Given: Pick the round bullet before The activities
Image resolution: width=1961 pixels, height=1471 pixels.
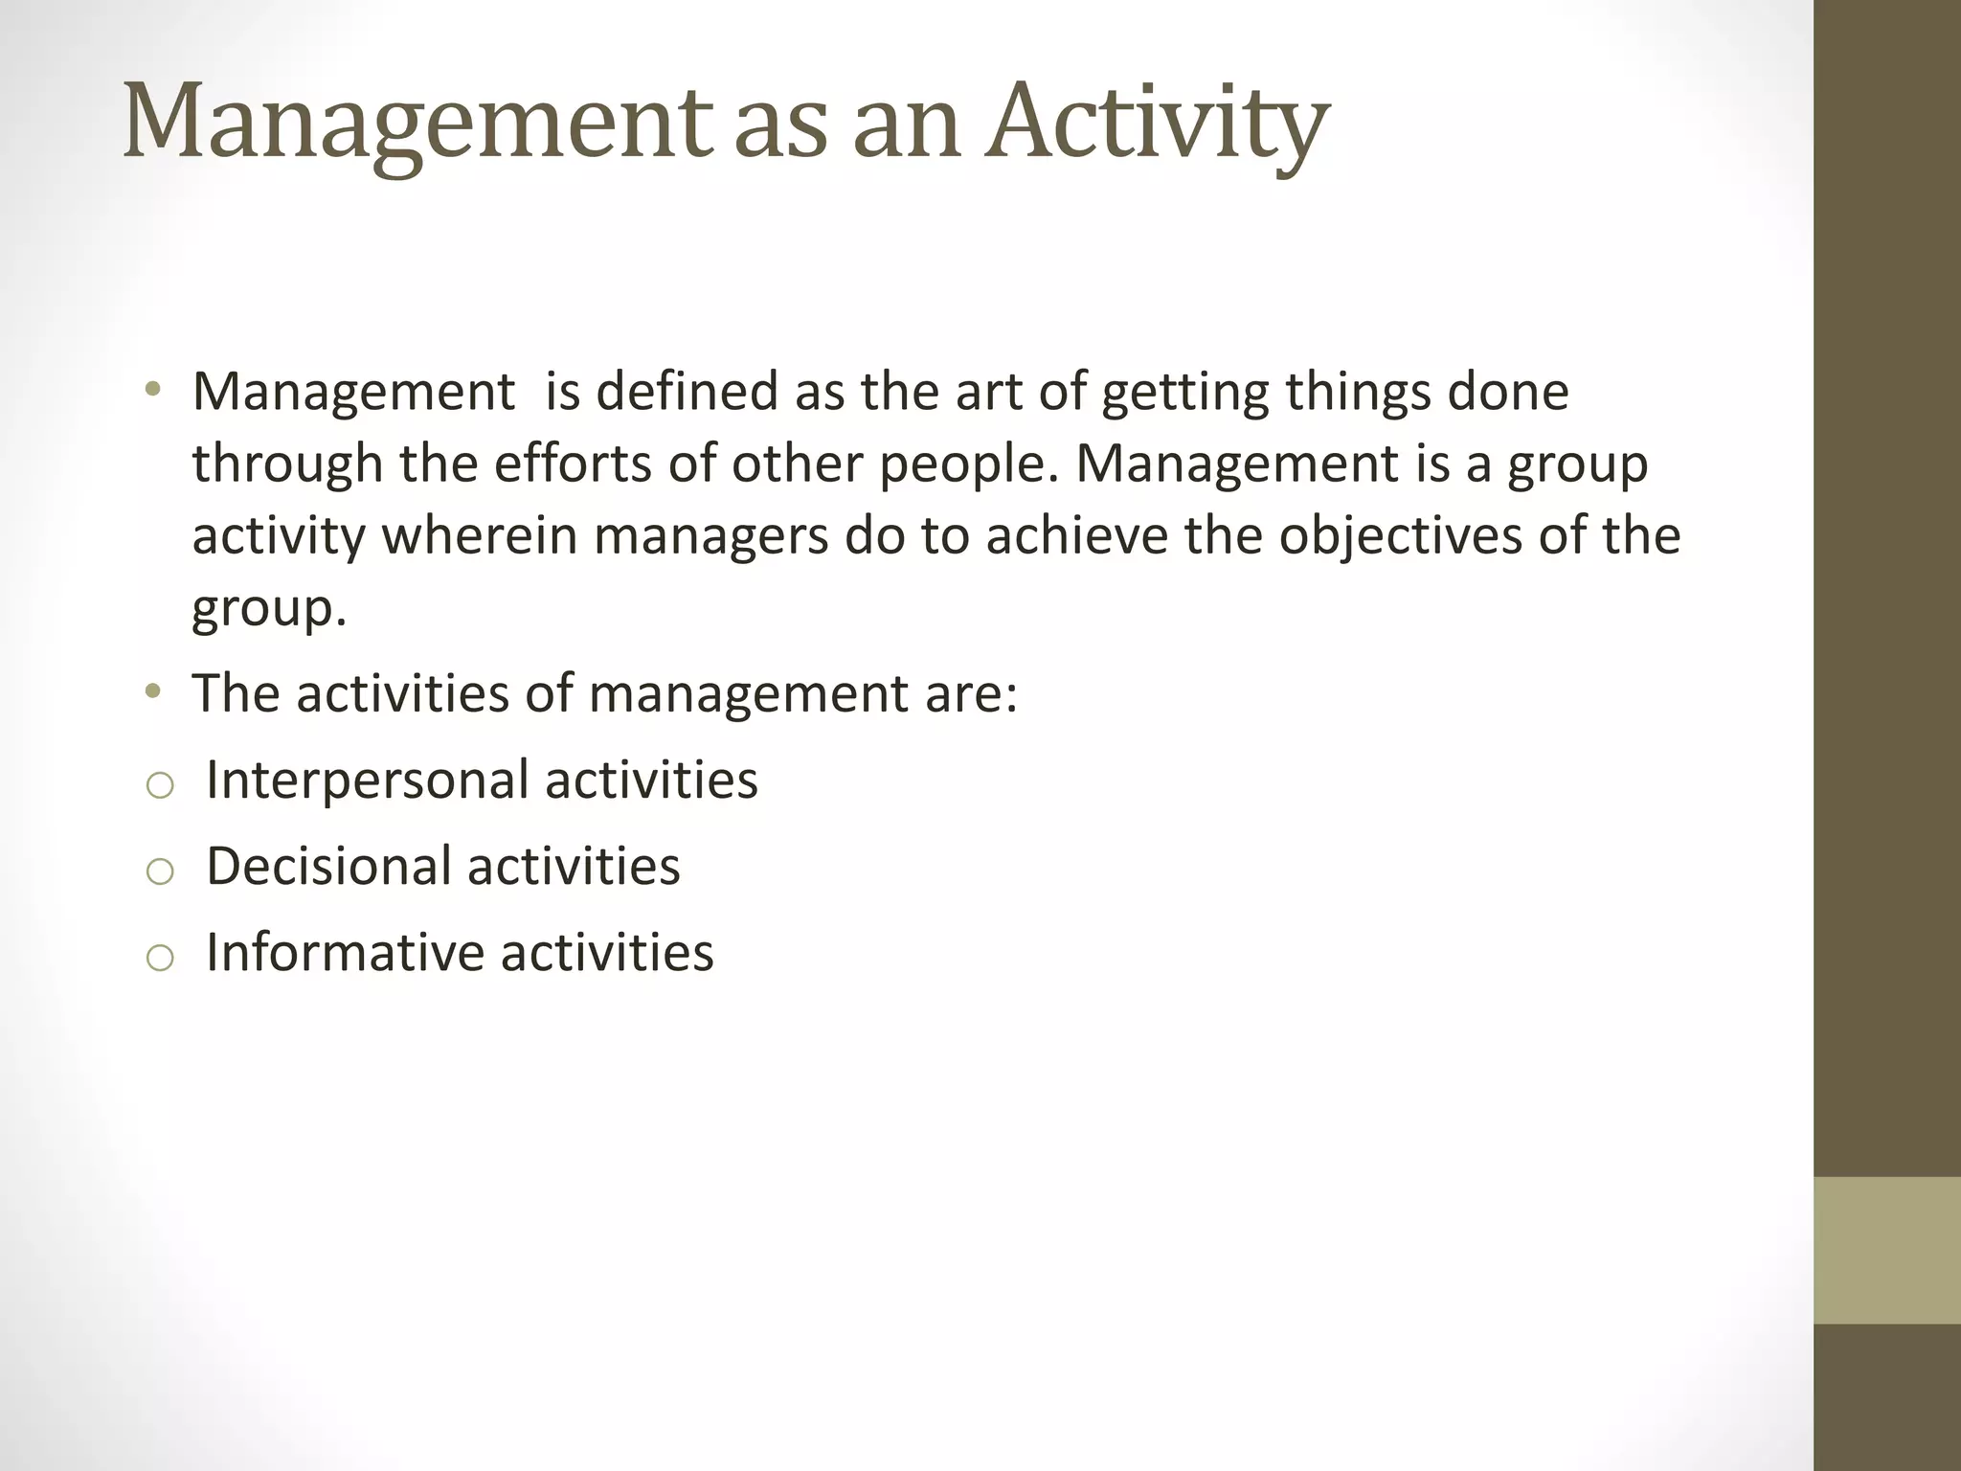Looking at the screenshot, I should pos(152,691).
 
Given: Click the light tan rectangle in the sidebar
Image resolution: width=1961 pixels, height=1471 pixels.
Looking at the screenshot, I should pos(1886,1250).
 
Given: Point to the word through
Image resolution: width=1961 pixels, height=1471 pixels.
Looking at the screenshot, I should pos(287,465).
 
